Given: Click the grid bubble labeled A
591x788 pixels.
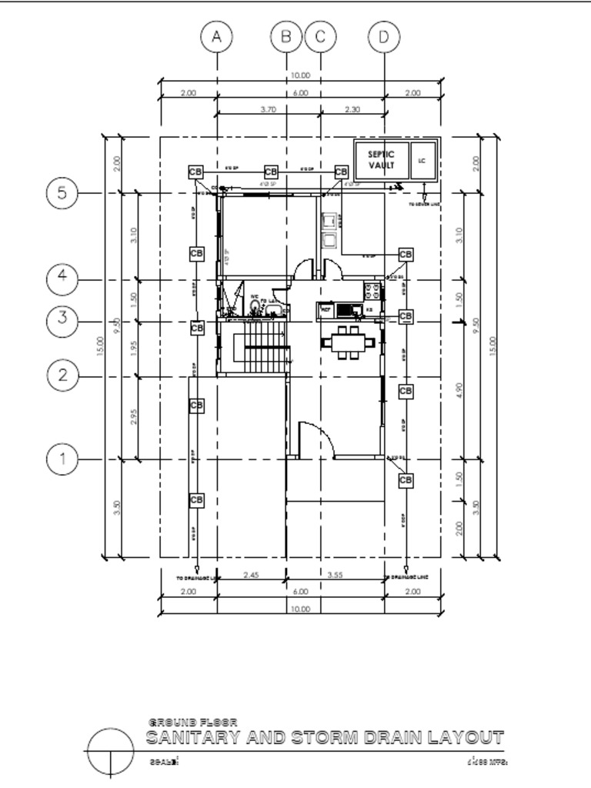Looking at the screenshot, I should point(217,36).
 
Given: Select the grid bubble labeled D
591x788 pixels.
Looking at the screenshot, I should point(384,36).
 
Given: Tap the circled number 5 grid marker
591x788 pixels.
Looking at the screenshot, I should point(62,193).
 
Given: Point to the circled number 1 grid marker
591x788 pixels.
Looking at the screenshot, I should point(62,459).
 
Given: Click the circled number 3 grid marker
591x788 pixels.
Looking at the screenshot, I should point(62,317).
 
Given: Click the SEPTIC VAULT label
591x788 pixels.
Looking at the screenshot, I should point(381,159).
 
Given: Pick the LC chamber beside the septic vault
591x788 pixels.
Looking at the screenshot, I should point(422,161).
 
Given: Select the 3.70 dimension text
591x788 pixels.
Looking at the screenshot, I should point(269,110).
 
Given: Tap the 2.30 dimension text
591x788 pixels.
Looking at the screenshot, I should point(352,110).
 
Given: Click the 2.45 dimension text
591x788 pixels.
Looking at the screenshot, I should point(251,575).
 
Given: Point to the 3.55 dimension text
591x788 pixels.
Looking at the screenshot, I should point(335,575).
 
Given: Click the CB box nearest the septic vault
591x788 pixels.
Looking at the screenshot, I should point(341,172).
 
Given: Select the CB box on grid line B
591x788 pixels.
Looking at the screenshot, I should point(271,172).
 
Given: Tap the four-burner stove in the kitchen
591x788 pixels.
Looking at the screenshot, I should point(372,292).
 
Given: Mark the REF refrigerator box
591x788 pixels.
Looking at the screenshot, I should point(326,309).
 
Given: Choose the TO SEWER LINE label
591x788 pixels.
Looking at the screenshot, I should point(424,205).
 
